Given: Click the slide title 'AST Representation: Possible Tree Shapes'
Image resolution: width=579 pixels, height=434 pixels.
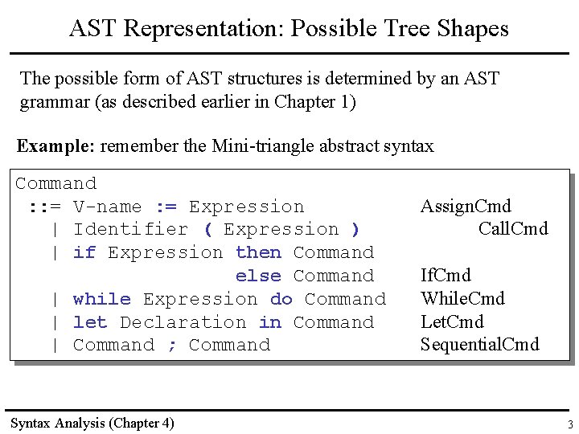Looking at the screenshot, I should [x=289, y=29].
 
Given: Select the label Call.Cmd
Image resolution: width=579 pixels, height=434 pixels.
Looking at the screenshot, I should [x=513, y=229].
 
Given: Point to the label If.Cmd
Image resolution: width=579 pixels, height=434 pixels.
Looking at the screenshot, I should [x=446, y=276].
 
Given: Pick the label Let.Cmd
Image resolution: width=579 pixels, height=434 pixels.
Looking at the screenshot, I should [x=452, y=322].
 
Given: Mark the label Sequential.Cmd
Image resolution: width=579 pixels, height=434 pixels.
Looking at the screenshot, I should [x=479, y=346].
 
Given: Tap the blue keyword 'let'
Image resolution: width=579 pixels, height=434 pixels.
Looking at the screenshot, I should [x=90, y=322].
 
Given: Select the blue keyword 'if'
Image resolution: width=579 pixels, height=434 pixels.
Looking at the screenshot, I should [x=84, y=252].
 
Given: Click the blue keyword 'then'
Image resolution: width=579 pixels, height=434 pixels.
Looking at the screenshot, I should [x=258, y=252].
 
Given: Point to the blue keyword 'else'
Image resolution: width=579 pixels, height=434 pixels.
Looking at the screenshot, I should [x=258, y=276].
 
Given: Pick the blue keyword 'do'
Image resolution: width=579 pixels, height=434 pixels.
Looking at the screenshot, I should [x=281, y=299].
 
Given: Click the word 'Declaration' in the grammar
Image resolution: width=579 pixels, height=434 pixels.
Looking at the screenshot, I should [x=183, y=322].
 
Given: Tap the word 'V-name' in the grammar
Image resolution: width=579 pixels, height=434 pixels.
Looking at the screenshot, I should [x=107, y=207].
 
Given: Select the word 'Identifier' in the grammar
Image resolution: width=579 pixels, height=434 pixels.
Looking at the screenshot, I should [x=130, y=230].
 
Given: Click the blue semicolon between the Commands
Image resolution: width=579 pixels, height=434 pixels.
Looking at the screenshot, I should [x=171, y=346].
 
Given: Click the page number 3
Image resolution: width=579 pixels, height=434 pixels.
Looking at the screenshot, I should [x=569, y=424].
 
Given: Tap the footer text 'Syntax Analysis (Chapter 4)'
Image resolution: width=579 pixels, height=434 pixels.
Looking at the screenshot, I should [x=92, y=423].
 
